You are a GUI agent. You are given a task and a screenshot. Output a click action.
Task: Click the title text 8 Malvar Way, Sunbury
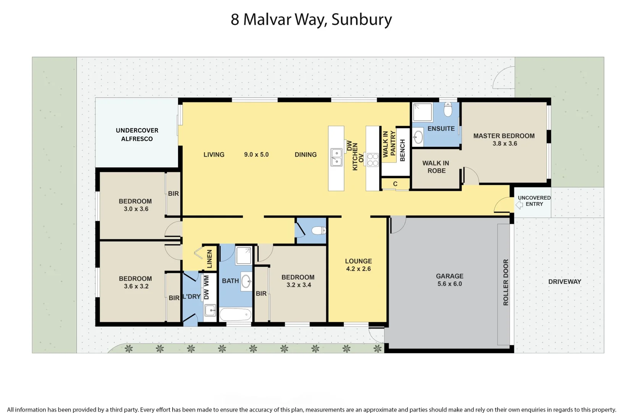coord(311,20)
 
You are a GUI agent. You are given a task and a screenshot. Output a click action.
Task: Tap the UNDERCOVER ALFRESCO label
coord(137,135)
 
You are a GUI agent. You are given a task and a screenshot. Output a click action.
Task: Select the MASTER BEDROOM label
coord(504,136)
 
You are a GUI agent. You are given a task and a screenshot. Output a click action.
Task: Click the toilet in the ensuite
coord(448,109)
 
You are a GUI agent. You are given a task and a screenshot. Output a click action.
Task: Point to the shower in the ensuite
coord(422,112)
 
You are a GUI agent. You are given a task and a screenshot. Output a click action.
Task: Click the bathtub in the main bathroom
coord(235,315)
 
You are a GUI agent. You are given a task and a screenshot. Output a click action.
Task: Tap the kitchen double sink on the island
coord(336,158)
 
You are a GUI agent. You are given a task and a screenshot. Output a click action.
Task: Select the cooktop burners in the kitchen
coord(373,159)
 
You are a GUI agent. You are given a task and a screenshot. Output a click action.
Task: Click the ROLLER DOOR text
coord(506,282)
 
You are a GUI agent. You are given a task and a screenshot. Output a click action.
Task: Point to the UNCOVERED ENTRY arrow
coord(519,205)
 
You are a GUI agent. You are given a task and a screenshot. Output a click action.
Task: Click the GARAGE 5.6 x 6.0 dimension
coord(449,284)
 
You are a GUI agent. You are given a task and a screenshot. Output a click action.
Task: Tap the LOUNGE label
coord(358,261)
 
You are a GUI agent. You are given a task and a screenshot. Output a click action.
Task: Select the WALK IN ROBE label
coord(436,167)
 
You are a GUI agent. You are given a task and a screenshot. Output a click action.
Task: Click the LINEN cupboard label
coord(209,259)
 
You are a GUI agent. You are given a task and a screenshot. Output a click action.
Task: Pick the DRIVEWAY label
coord(564,281)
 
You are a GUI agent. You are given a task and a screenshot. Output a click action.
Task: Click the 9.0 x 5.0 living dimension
coord(256,154)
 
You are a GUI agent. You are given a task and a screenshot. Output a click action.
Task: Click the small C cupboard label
coord(395,184)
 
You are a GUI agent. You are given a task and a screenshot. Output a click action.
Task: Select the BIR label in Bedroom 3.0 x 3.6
coord(173,193)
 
